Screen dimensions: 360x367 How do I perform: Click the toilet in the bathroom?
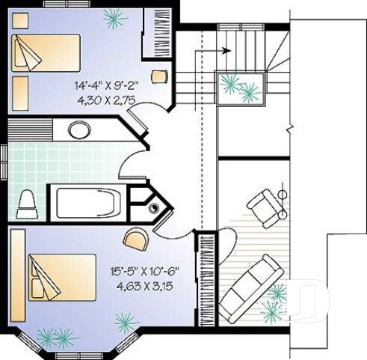click(26, 203)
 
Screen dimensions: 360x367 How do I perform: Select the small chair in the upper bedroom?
click(158, 75)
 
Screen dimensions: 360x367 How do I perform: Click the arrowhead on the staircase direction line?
click(226, 51)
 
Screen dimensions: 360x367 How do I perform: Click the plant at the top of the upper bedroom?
click(115, 16)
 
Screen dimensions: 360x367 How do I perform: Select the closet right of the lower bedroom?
click(206, 278)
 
